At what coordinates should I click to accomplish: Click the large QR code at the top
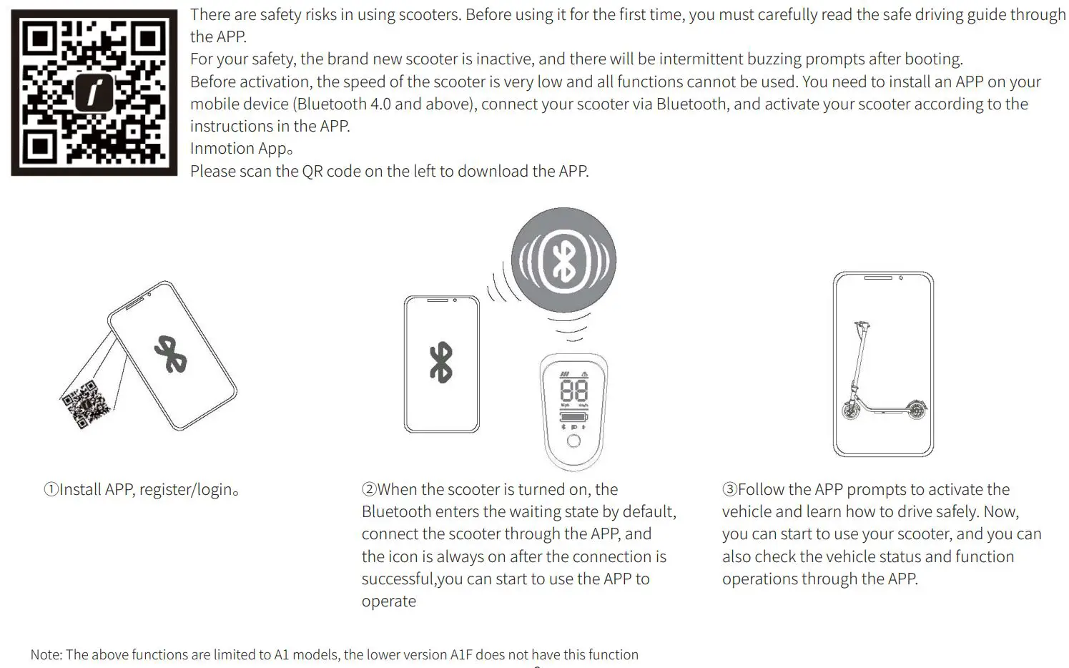[94, 92]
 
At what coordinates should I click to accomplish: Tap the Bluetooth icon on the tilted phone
[170, 355]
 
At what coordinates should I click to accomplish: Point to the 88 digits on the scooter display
[573, 391]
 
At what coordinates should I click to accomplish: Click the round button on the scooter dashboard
[573, 441]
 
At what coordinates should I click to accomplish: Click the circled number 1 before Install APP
[51, 490]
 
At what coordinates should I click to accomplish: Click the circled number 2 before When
[369, 490]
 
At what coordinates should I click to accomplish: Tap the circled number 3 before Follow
[729, 490]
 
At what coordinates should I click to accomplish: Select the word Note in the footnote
[46, 654]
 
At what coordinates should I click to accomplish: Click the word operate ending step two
[388, 601]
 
